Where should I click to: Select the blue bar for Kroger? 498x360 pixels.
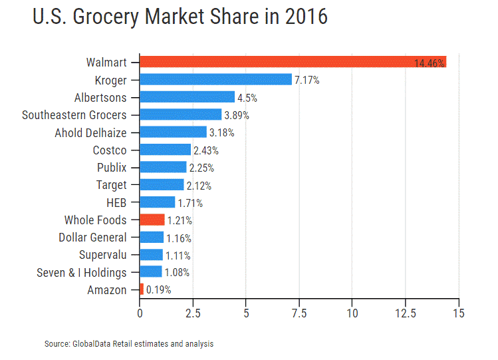(216, 80)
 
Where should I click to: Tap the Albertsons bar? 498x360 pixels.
(187, 97)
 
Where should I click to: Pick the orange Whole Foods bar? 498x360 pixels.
(152, 220)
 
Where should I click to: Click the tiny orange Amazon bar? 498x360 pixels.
(142, 289)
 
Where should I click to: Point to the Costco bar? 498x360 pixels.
(166, 150)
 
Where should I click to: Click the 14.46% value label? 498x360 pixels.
(429, 63)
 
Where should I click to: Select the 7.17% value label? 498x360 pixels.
(307, 81)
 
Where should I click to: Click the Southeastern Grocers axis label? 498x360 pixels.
(74, 114)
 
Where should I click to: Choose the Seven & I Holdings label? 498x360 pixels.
(82, 272)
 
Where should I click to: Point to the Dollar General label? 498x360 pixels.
(92, 238)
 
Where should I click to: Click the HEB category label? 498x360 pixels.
(116, 202)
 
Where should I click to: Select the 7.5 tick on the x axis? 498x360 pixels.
(299, 313)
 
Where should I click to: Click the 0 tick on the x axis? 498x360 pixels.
(140, 313)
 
